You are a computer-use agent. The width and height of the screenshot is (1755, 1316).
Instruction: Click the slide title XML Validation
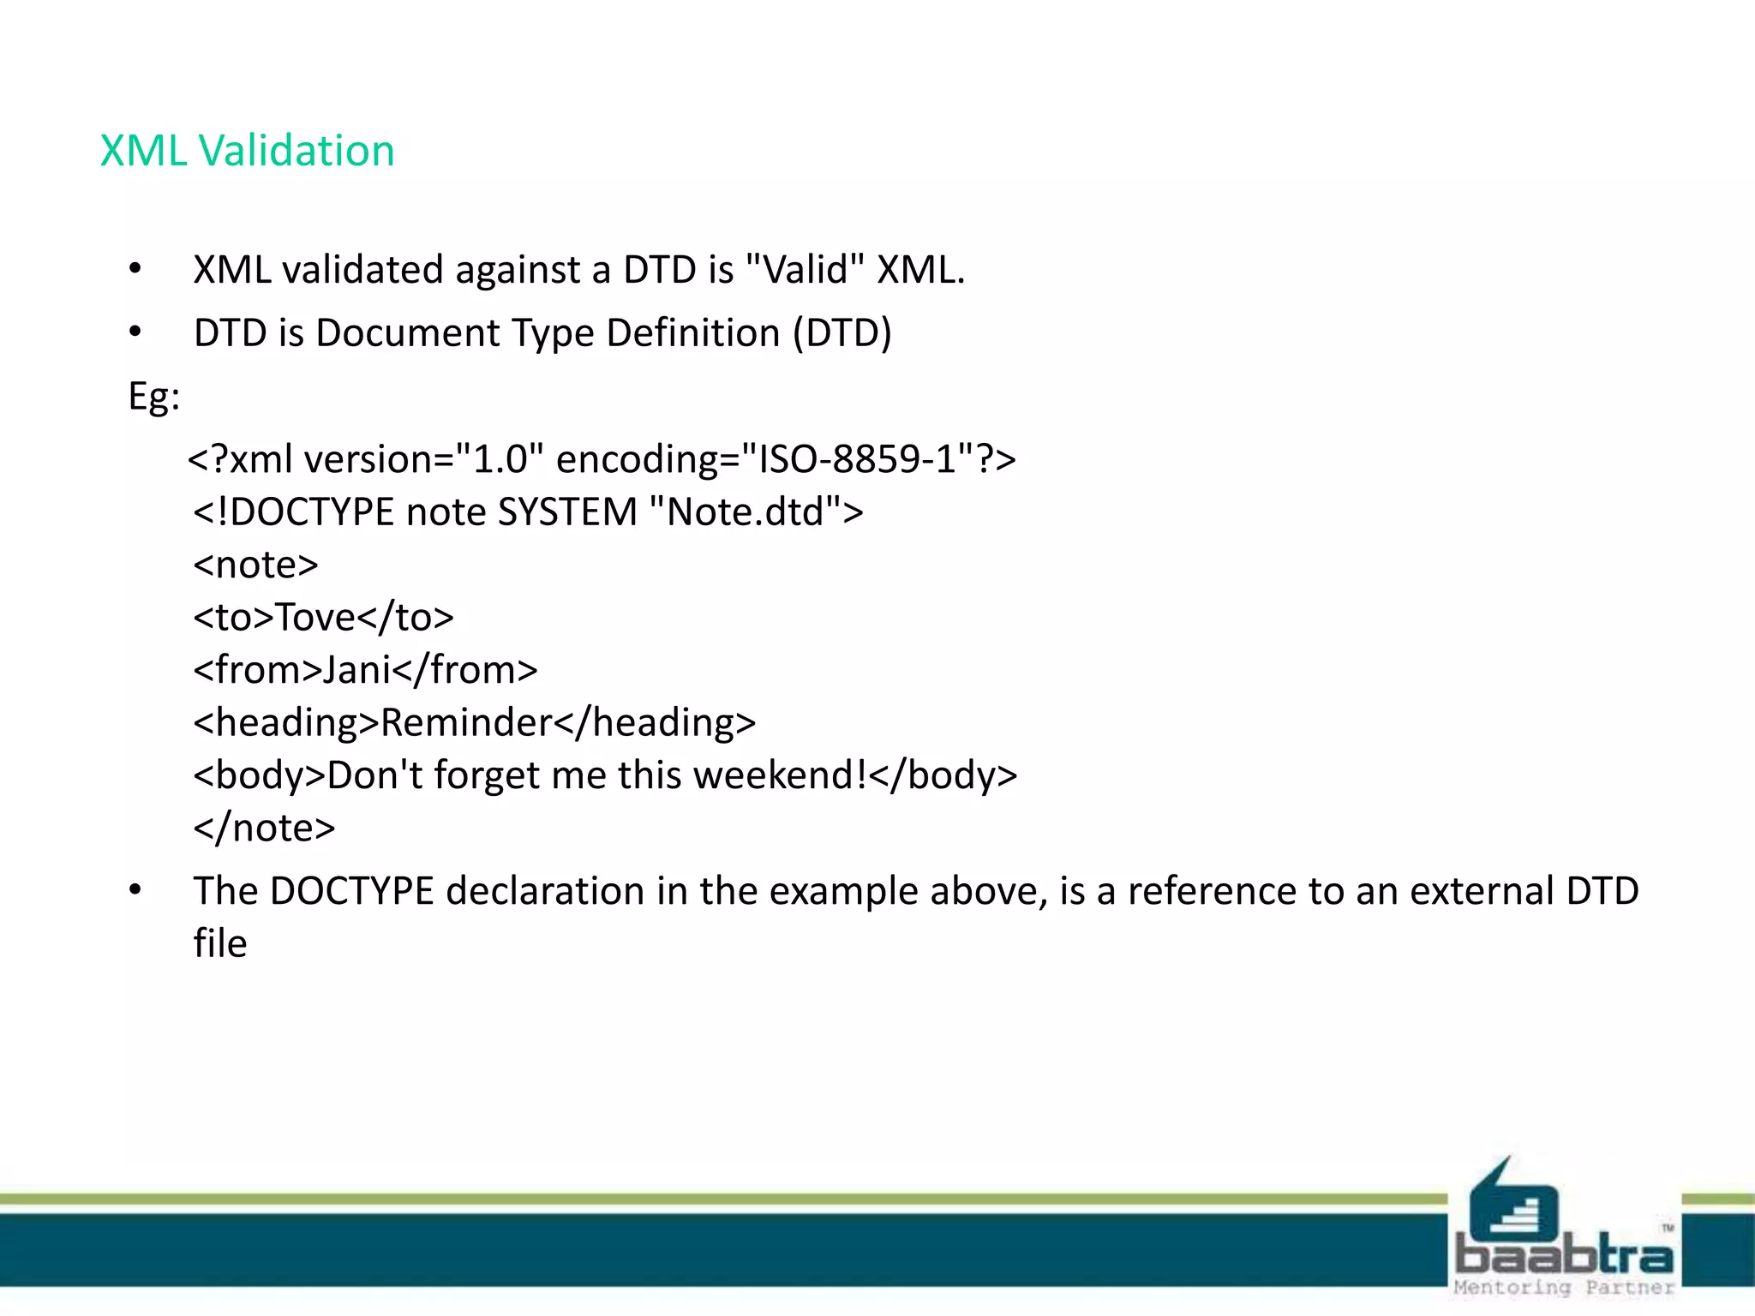pos(247,151)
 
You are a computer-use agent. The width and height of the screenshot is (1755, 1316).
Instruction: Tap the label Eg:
pos(154,396)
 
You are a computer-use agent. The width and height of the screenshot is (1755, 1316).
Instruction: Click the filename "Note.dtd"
pos(744,511)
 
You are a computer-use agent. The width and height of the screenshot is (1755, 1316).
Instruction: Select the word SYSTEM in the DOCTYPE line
pos(567,511)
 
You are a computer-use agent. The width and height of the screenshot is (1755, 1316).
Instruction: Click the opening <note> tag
pos(255,565)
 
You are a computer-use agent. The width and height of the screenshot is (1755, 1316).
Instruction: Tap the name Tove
pos(314,617)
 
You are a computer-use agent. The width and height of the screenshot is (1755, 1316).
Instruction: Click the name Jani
pos(356,670)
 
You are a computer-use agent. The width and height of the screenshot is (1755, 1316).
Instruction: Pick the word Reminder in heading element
pos(466,722)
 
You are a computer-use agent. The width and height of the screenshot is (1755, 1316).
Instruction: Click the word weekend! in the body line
pos(780,775)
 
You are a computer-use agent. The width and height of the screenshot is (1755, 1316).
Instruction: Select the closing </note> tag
pos(264,828)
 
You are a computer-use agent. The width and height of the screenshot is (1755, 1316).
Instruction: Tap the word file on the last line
pos(220,943)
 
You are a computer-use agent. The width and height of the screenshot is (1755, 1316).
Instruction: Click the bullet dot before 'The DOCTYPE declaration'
pos(135,891)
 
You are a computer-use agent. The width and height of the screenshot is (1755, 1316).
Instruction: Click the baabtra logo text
pos(1563,1256)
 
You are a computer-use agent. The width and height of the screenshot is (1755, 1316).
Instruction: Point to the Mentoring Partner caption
pos(1563,1288)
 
